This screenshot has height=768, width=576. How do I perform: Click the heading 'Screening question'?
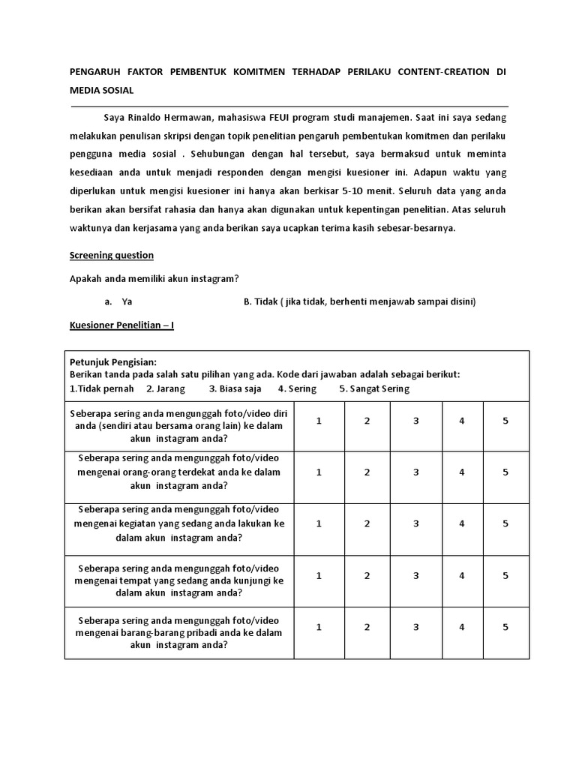coord(111,255)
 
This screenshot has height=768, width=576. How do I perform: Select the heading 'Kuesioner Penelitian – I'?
coord(121,325)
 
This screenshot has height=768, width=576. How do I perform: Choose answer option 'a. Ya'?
coord(119,301)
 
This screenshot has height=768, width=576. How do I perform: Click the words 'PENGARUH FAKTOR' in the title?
coord(112,72)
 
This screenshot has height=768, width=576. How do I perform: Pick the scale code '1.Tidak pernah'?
coord(101,388)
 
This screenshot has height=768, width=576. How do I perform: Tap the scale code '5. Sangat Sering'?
coord(374,388)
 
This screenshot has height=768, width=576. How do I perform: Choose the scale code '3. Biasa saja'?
coord(235,388)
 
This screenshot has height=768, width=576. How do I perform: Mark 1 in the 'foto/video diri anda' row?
coord(319,421)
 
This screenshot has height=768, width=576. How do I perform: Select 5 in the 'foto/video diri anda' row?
coord(505,421)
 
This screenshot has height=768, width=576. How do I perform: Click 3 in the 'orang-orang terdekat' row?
coord(415,472)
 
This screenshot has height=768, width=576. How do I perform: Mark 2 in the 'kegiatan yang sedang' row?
coord(367,523)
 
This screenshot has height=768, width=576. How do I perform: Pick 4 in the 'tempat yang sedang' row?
coord(462,575)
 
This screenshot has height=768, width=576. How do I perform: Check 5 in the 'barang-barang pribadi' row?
coord(505,627)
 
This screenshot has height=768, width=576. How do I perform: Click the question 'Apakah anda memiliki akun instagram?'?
coord(154,278)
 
